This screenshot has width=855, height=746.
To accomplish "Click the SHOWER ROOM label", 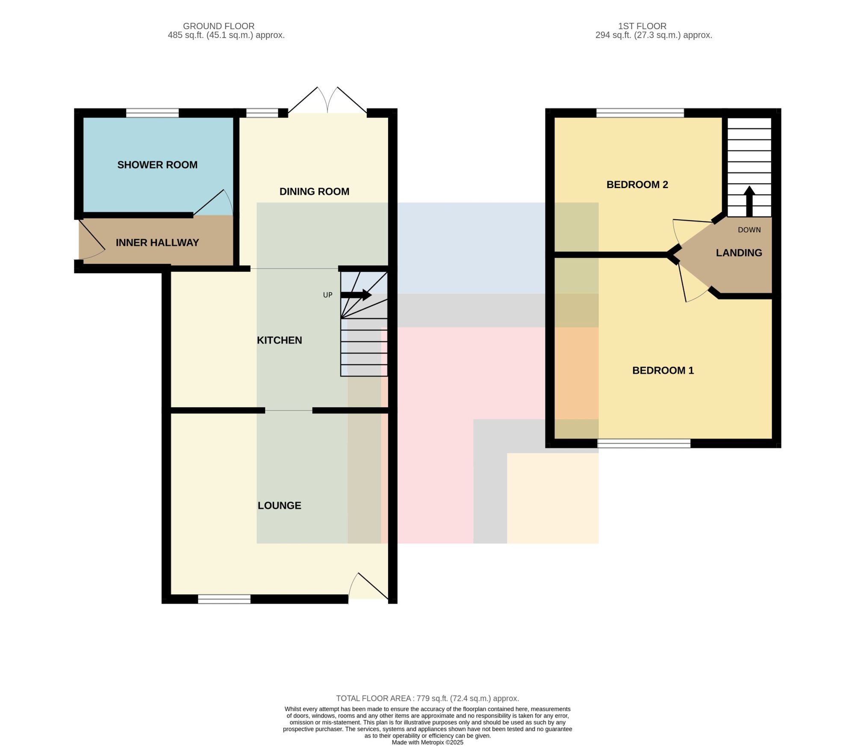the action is coord(157,165).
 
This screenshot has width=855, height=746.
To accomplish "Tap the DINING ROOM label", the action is coord(314,192).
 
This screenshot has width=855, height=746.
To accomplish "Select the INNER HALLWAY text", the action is coord(157,243).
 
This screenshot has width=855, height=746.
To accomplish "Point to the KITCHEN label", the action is coord(279,340).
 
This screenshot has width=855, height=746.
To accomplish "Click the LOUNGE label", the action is coord(279,506).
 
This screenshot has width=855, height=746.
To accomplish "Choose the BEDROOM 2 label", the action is coord(637,185).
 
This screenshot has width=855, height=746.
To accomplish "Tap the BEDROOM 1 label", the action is coord(663,371).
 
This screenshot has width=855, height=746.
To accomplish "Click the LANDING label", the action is coord(739,253).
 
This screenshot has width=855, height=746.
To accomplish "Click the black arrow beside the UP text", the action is coord(356,295).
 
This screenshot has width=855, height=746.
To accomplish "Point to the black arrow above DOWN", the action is coord(749,201).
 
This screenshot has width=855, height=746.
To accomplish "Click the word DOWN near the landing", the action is coord(749,230).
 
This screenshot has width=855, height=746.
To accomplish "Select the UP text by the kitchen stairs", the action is coord(327,295).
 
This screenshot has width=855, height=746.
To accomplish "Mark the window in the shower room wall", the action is coord(152,113).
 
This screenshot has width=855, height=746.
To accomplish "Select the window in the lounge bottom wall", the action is coord(224,599).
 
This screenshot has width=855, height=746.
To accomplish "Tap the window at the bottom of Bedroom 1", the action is coord(644,444).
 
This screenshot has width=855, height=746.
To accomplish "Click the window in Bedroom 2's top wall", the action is coord(640,113).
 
